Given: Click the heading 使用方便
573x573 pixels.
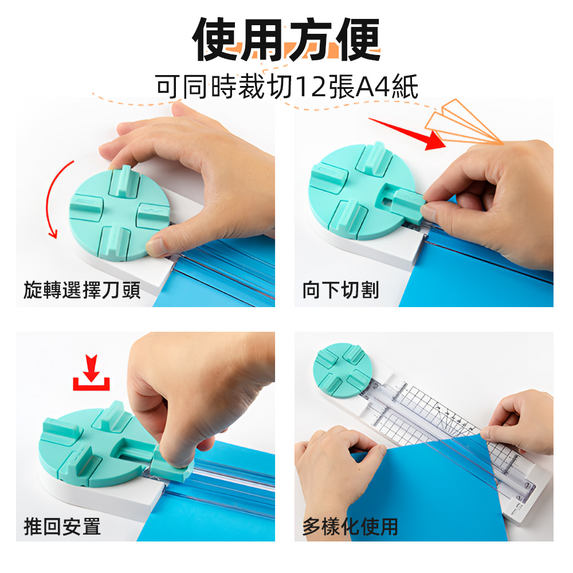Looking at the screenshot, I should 286,40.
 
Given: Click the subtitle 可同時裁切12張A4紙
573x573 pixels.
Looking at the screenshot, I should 286,87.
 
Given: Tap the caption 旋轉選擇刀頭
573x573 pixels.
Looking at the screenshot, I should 82,290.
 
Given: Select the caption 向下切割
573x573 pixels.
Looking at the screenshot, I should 340,290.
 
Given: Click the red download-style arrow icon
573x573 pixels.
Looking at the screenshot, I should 91,374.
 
